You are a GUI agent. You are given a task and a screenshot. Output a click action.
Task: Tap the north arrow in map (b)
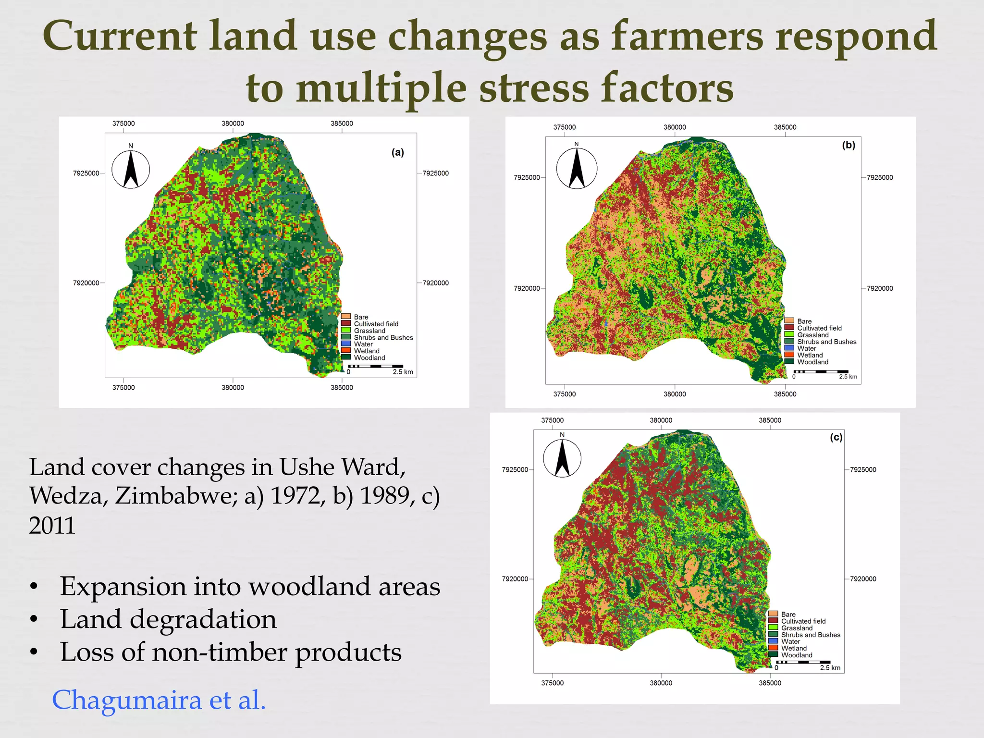[x=577, y=168]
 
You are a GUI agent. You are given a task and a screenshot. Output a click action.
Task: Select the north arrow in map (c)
[x=562, y=458]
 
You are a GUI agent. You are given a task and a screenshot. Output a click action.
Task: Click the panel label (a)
[x=397, y=153]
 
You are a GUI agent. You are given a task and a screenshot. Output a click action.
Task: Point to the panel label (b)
[x=849, y=145]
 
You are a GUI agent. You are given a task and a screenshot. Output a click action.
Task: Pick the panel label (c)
[x=836, y=437]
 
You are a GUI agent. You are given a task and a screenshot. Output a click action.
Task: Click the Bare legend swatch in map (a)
[x=345, y=317]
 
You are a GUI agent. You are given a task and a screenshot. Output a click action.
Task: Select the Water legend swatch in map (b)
[x=789, y=348]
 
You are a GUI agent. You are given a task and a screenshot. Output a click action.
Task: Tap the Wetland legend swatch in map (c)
[x=773, y=648]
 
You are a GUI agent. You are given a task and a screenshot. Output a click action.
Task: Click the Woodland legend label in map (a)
[x=369, y=358]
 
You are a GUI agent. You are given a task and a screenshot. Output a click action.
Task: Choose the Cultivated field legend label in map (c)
[x=803, y=621]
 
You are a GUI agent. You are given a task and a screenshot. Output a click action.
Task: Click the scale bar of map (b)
[x=821, y=371]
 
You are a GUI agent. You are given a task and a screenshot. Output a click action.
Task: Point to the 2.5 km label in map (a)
[x=403, y=372]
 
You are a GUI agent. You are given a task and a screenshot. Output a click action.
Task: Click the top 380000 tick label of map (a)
[x=233, y=123]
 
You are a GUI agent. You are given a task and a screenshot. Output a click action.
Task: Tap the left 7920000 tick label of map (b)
[x=527, y=288]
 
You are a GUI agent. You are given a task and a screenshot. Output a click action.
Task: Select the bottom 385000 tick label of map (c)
[x=770, y=683]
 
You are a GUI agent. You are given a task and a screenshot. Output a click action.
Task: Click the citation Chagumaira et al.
[x=159, y=700]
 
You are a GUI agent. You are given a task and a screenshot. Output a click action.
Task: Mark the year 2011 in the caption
[x=52, y=525]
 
